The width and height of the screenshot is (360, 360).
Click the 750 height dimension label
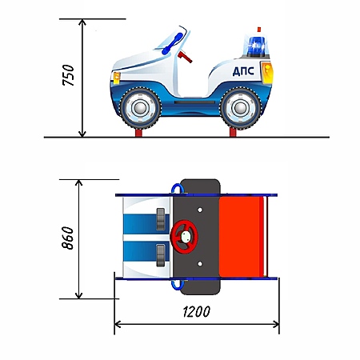pyautogui.click(x=68, y=75)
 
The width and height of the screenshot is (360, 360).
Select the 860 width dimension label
pyautogui.click(x=68, y=238)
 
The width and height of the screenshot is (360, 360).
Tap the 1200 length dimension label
pyautogui.click(x=197, y=312)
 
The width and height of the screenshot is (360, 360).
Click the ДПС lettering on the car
pyautogui.click(x=243, y=71)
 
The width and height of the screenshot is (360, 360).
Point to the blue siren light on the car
pyautogui.click(x=257, y=46)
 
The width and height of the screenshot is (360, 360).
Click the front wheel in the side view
pyautogui.click(x=140, y=108)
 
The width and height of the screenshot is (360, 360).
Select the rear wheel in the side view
pyautogui.click(x=241, y=108)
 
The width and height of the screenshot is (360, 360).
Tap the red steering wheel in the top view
pyautogui.click(x=184, y=236)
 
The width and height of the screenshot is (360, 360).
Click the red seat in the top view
pyautogui.click(x=242, y=237)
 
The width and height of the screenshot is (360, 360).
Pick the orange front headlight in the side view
pyautogui.click(x=117, y=78)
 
